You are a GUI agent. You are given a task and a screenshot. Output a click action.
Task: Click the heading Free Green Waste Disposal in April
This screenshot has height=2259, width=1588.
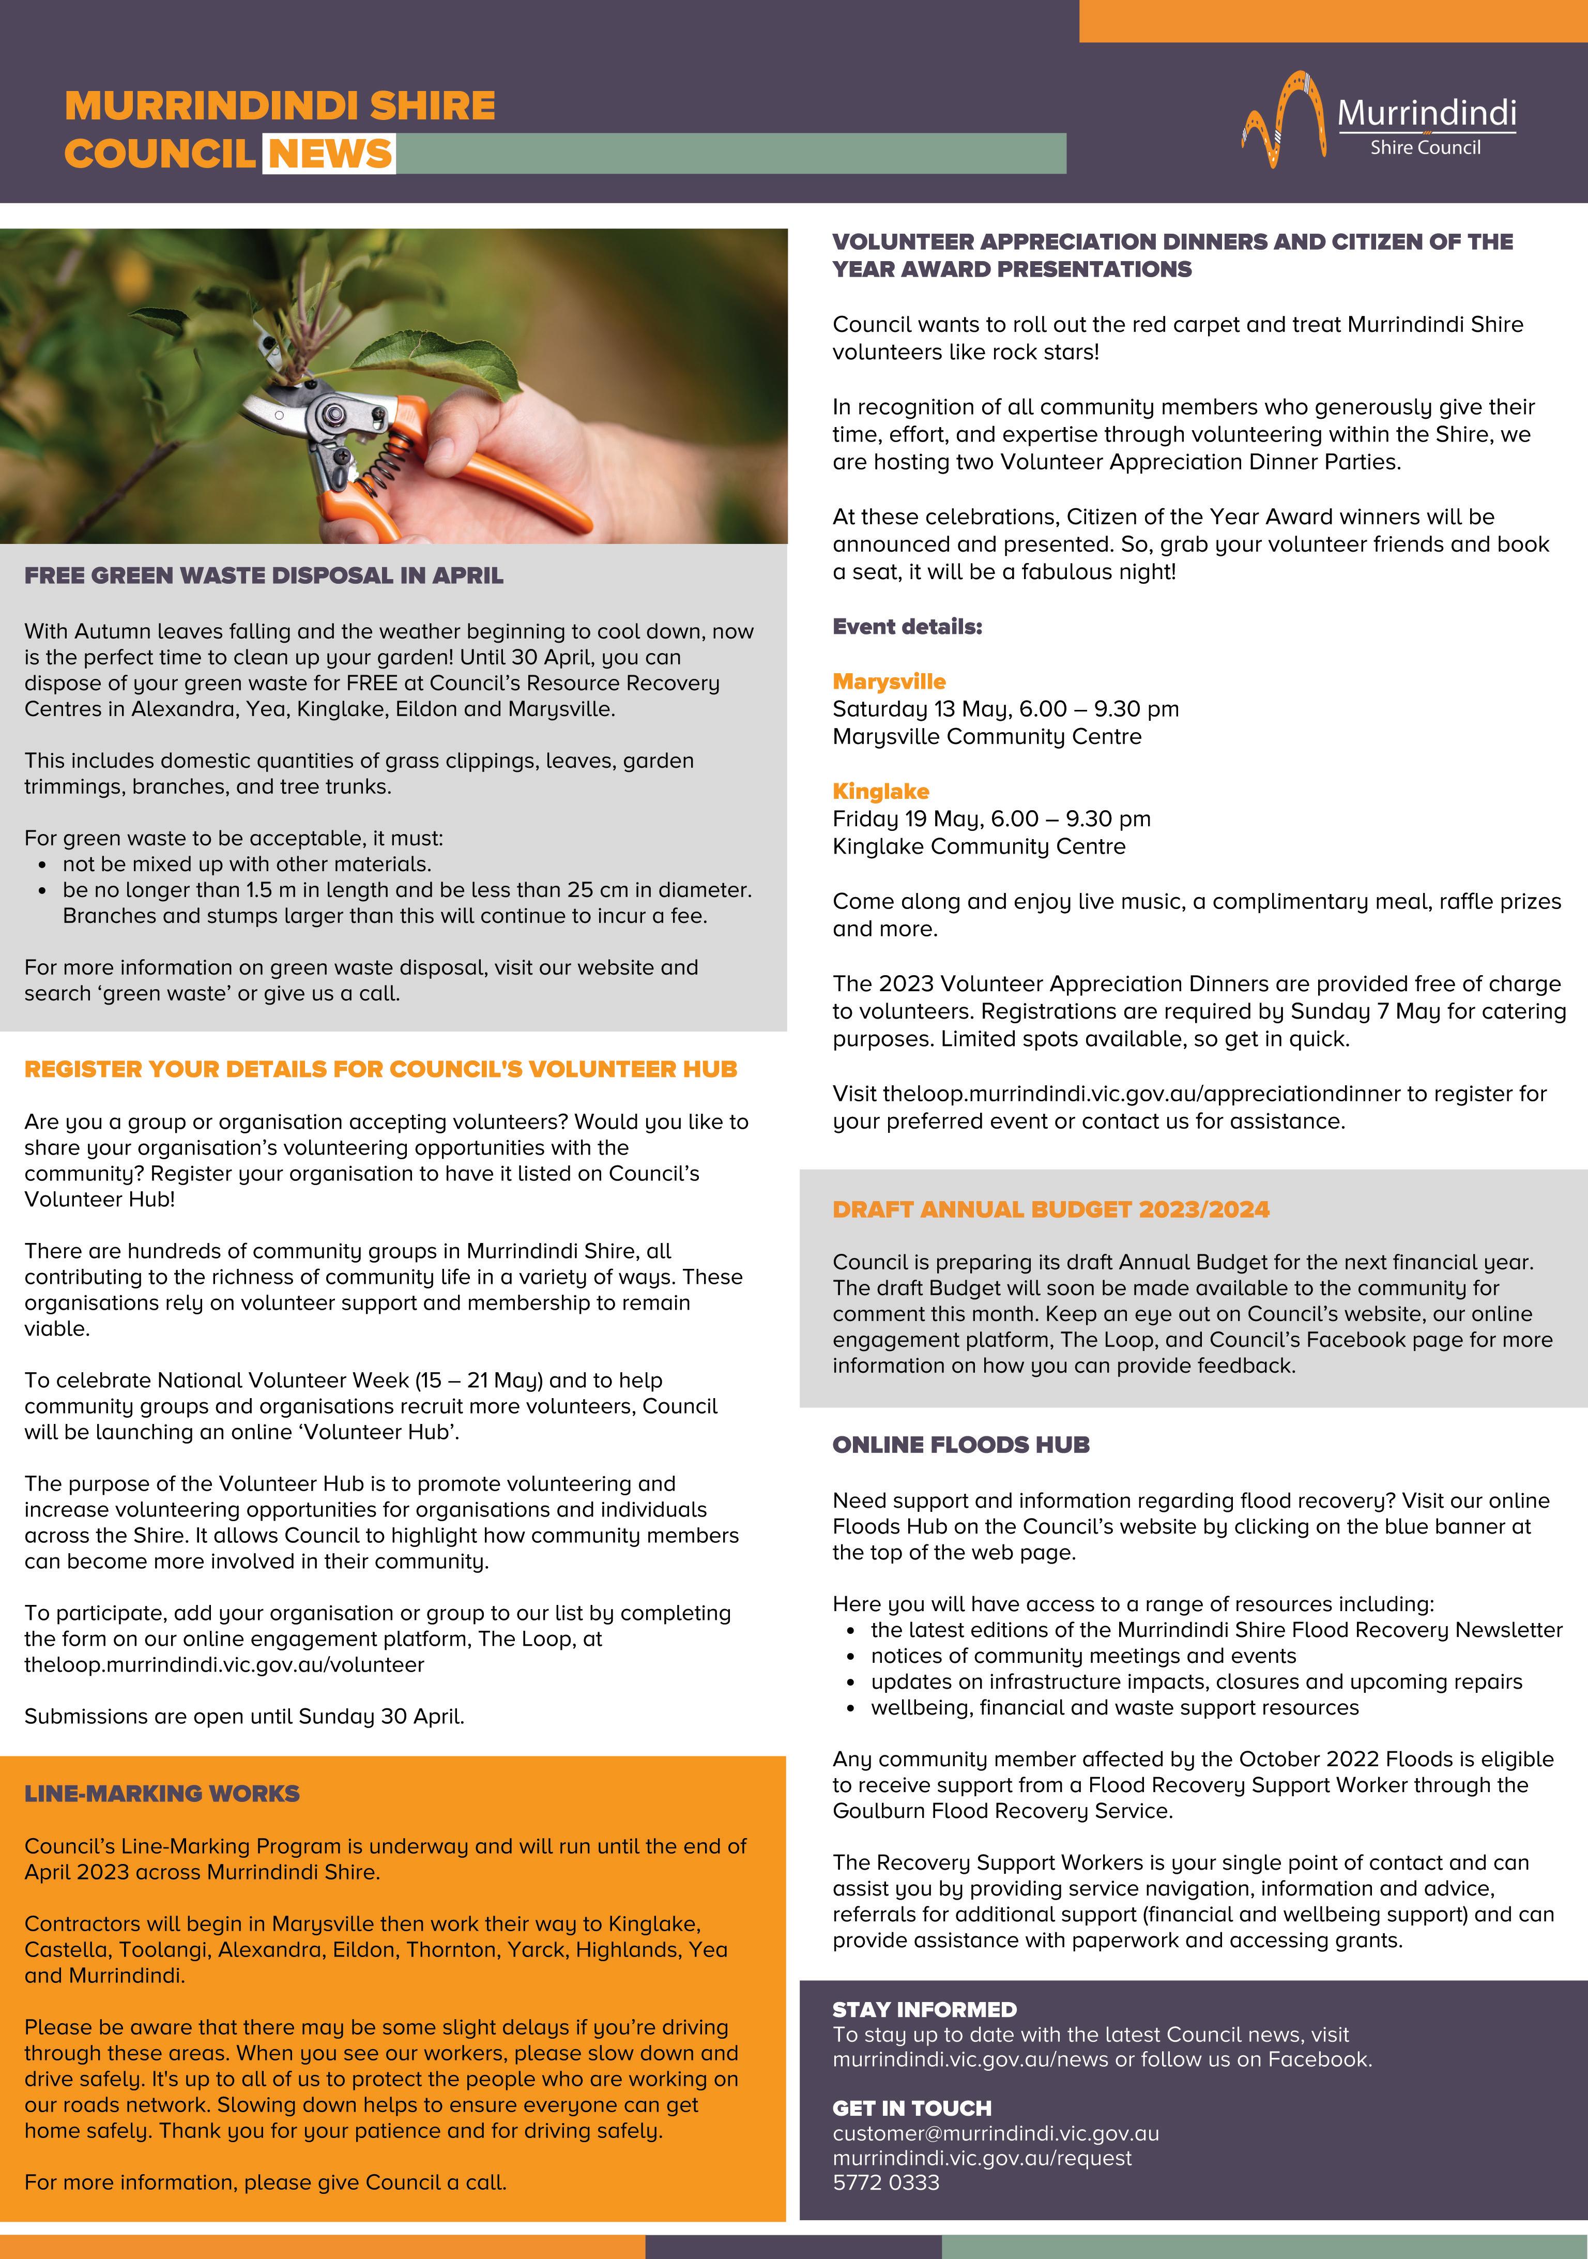[264, 575]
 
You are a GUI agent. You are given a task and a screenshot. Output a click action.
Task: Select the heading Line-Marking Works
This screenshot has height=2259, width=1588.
[161, 1794]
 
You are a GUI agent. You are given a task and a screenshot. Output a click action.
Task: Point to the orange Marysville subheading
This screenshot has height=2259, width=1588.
[889, 681]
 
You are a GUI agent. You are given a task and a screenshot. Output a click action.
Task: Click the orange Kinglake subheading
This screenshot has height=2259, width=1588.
[880, 791]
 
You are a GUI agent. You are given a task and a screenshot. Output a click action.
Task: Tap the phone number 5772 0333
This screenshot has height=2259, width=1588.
[885, 2182]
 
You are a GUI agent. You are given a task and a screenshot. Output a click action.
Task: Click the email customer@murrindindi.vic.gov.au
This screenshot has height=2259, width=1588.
[996, 2133]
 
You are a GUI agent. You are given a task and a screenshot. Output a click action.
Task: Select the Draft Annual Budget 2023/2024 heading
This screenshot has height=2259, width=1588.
[1051, 1209]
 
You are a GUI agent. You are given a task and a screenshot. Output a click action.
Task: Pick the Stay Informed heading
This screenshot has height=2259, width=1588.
[924, 2009]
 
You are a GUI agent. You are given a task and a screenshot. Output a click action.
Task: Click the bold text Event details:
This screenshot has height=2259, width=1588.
[907, 627]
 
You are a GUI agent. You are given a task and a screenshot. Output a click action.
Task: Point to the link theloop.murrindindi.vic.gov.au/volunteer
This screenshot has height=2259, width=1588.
[224, 1665]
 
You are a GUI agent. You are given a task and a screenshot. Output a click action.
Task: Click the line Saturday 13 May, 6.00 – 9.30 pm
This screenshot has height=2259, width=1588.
[1005, 708]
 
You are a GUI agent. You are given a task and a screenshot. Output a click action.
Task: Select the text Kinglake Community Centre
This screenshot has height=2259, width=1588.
[979, 846]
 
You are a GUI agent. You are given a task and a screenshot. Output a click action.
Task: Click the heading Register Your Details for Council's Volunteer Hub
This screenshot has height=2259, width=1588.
[381, 1069]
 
